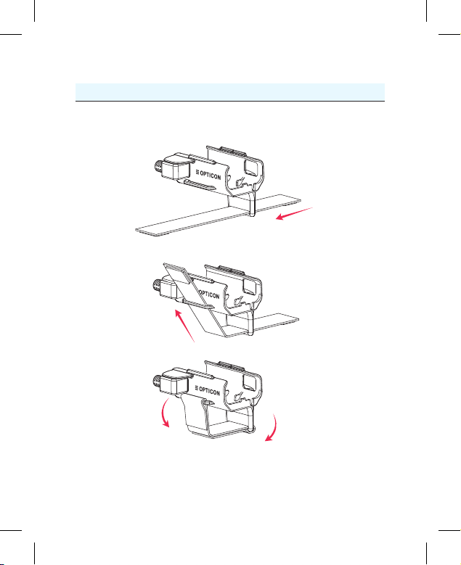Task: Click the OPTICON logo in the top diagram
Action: (208, 174)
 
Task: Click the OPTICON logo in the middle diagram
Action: (209, 294)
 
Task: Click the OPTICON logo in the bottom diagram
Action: (207, 390)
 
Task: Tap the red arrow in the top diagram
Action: (294, 213)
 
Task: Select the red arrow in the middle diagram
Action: (184, 326)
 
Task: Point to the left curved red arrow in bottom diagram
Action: (164, 413)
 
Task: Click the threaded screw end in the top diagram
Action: (158, 168)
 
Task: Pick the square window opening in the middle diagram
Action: (250, 286)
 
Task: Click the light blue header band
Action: (230, 92)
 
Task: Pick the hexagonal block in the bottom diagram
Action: (174, 382)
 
